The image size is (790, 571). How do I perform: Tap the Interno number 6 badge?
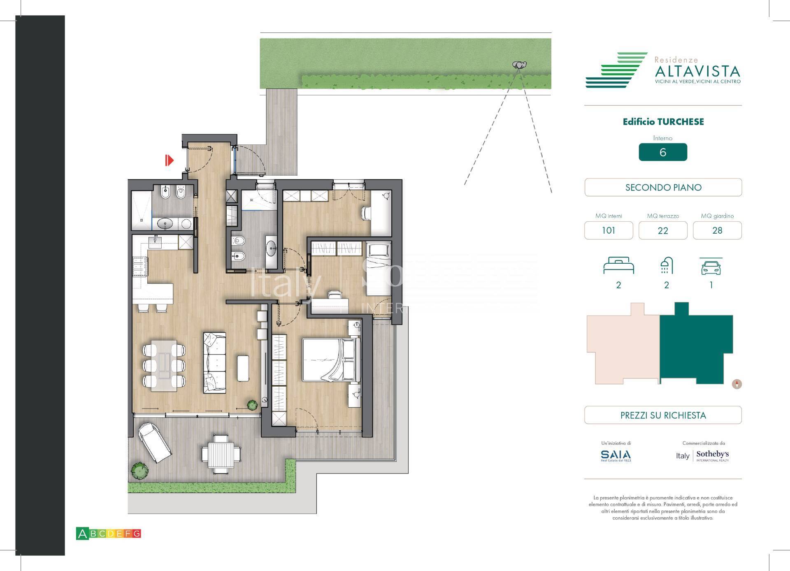click(x=662, y=152)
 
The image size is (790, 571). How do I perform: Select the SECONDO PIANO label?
click(x=663, y=188)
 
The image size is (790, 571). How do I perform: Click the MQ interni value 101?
click(x=608, y=230)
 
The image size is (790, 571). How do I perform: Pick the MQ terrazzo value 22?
click(x=662, y=230)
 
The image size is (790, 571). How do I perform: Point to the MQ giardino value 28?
click(x=717, y=230)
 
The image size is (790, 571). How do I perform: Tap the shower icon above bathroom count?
click(x=666, y=266)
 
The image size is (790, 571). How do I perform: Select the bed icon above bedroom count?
click(x=618, y=266)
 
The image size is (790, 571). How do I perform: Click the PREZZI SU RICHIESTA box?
click(x=663, y=415)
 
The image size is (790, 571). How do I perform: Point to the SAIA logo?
click(x=616, y=455)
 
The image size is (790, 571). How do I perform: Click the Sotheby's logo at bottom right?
click(x=712, y=455)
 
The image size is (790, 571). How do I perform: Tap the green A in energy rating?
click(x=82, y=534)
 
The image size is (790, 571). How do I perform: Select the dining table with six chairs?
click(x=164, y=365)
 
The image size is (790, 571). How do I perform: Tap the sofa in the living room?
click(x=214, y=362)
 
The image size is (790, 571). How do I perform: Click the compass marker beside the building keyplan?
click(x=737, y=384)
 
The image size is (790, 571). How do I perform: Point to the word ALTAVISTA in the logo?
click(x=697, y=72)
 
